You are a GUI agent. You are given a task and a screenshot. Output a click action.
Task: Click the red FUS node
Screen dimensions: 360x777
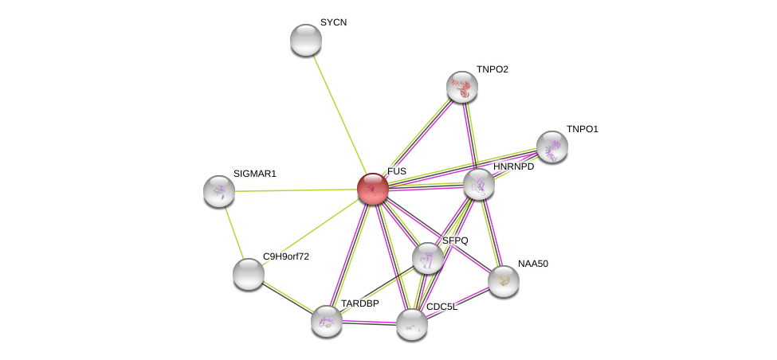[372, 189]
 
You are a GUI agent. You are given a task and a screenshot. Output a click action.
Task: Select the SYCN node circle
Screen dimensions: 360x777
[305, 40]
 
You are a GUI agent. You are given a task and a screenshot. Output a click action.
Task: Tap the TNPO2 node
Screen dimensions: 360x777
[461, 87]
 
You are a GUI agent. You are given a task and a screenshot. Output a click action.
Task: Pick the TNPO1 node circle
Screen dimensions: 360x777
[551, 147]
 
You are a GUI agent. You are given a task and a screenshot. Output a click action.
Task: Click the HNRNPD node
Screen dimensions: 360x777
[478, 184]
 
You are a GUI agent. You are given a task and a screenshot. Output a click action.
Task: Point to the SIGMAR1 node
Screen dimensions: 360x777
[219, 191]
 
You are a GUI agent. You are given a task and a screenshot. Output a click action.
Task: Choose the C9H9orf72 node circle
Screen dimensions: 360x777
[248, 273]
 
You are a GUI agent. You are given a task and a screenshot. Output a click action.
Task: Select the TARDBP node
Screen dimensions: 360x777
[326, 321]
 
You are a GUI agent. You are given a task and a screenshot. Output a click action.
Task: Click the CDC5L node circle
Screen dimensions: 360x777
[411, 324]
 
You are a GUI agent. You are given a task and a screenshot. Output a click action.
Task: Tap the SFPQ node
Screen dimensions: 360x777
[428, 258]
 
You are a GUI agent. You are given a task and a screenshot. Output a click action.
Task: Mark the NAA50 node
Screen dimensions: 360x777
[503, 280]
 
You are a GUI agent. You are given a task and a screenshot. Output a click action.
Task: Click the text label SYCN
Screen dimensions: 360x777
[333, 22]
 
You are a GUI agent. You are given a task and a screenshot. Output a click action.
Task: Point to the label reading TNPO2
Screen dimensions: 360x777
[492, 69]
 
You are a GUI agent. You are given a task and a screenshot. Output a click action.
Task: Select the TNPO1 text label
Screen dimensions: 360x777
[582, 129]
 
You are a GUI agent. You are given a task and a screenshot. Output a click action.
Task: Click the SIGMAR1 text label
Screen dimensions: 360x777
[254, 174]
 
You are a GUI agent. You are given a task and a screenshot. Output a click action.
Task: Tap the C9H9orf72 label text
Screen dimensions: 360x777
[286, 256]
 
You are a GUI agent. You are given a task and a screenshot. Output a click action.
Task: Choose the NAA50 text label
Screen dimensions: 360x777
[532, 264]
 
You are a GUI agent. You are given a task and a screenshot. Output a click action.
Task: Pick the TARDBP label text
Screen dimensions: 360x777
[359, 303]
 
